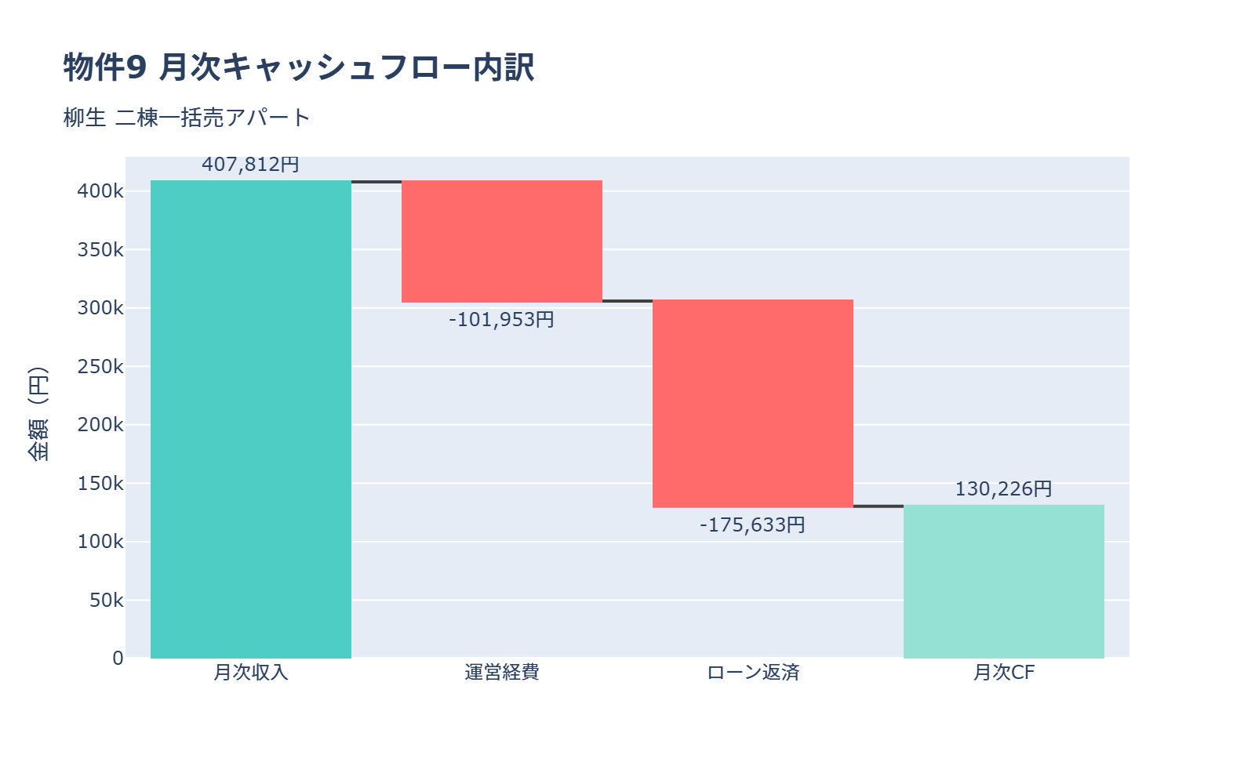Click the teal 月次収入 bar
tap(251, 419)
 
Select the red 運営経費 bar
tap(502, 241)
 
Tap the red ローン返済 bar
tap(753, 404)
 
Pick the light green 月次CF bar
tap(1004, 582)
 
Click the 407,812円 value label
tap(250, 165)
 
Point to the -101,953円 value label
tap(501, 320)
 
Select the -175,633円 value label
tap(752, 524)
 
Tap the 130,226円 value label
tap(1003, 489)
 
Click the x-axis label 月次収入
tap(251, 673)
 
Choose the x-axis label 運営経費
tap(502, 673)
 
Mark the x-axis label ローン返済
tap(753, 673)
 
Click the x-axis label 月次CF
tap(1004, 673)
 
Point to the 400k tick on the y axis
tap(100, 191)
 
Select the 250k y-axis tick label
tap(100, 366)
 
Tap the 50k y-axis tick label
tap(106, 601)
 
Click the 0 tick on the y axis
tap(118, 659)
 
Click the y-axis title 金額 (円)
tap(38, 414)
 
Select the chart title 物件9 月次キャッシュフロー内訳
tap(299, 67)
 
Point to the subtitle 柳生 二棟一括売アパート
tap(187, 118)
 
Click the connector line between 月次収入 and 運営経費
tap(376, 182)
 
